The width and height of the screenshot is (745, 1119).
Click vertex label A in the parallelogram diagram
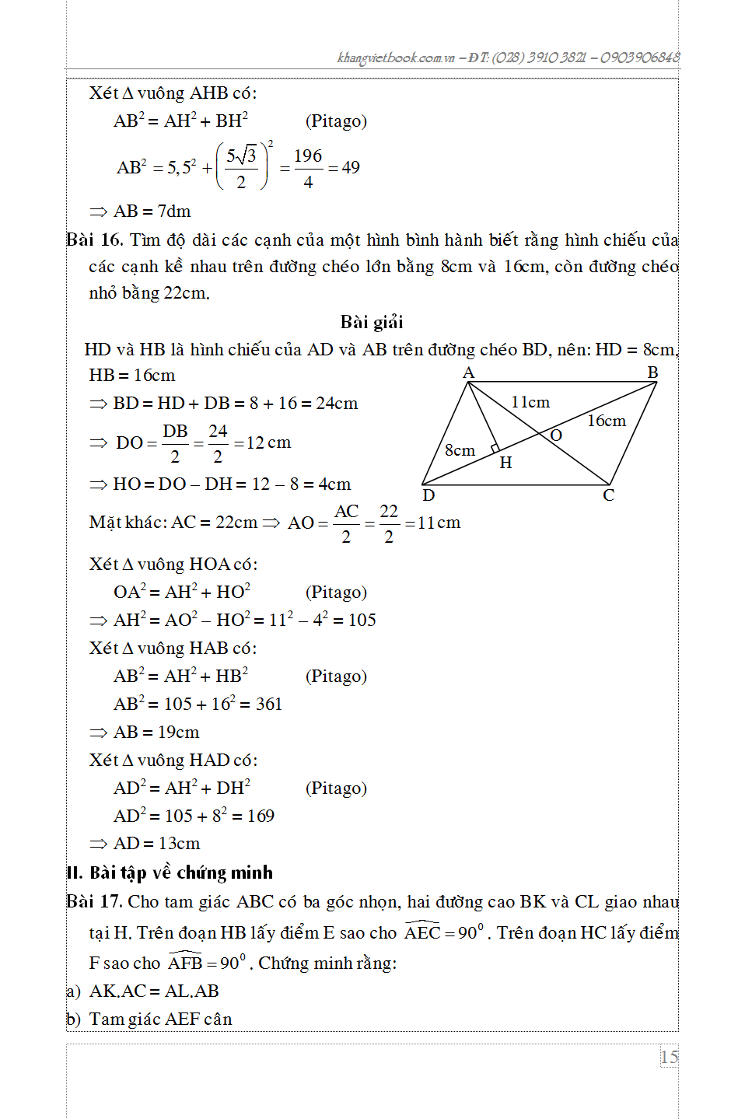tap(468, 373)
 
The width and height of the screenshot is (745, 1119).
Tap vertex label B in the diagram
tap(652, 372)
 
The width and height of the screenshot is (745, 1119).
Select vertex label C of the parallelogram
tap(608, 495)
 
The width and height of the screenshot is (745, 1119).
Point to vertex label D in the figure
tap(428, 495)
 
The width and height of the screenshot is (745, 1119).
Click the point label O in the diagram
tap(555, 435)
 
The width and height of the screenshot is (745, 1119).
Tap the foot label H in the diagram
tap(505, 463)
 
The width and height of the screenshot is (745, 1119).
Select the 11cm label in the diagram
tap(530, 402)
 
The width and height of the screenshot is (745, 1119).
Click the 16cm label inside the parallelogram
tap(606, 421)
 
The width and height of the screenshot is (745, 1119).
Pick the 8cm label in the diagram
tap(460, 450)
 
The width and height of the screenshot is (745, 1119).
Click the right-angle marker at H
tap(495, 449)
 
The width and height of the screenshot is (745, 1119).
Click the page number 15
tap(669, 1057)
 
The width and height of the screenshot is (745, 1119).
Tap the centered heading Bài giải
tap(372, 322)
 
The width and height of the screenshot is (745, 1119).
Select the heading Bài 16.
tap(94, 240)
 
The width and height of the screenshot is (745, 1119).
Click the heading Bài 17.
tap(94, 901)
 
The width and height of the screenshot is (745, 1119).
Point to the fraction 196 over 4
tap(308, 168)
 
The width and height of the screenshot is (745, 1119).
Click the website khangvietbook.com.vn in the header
tap(396, 58)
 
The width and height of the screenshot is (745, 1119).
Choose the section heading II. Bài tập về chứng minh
tap(170, 872)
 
